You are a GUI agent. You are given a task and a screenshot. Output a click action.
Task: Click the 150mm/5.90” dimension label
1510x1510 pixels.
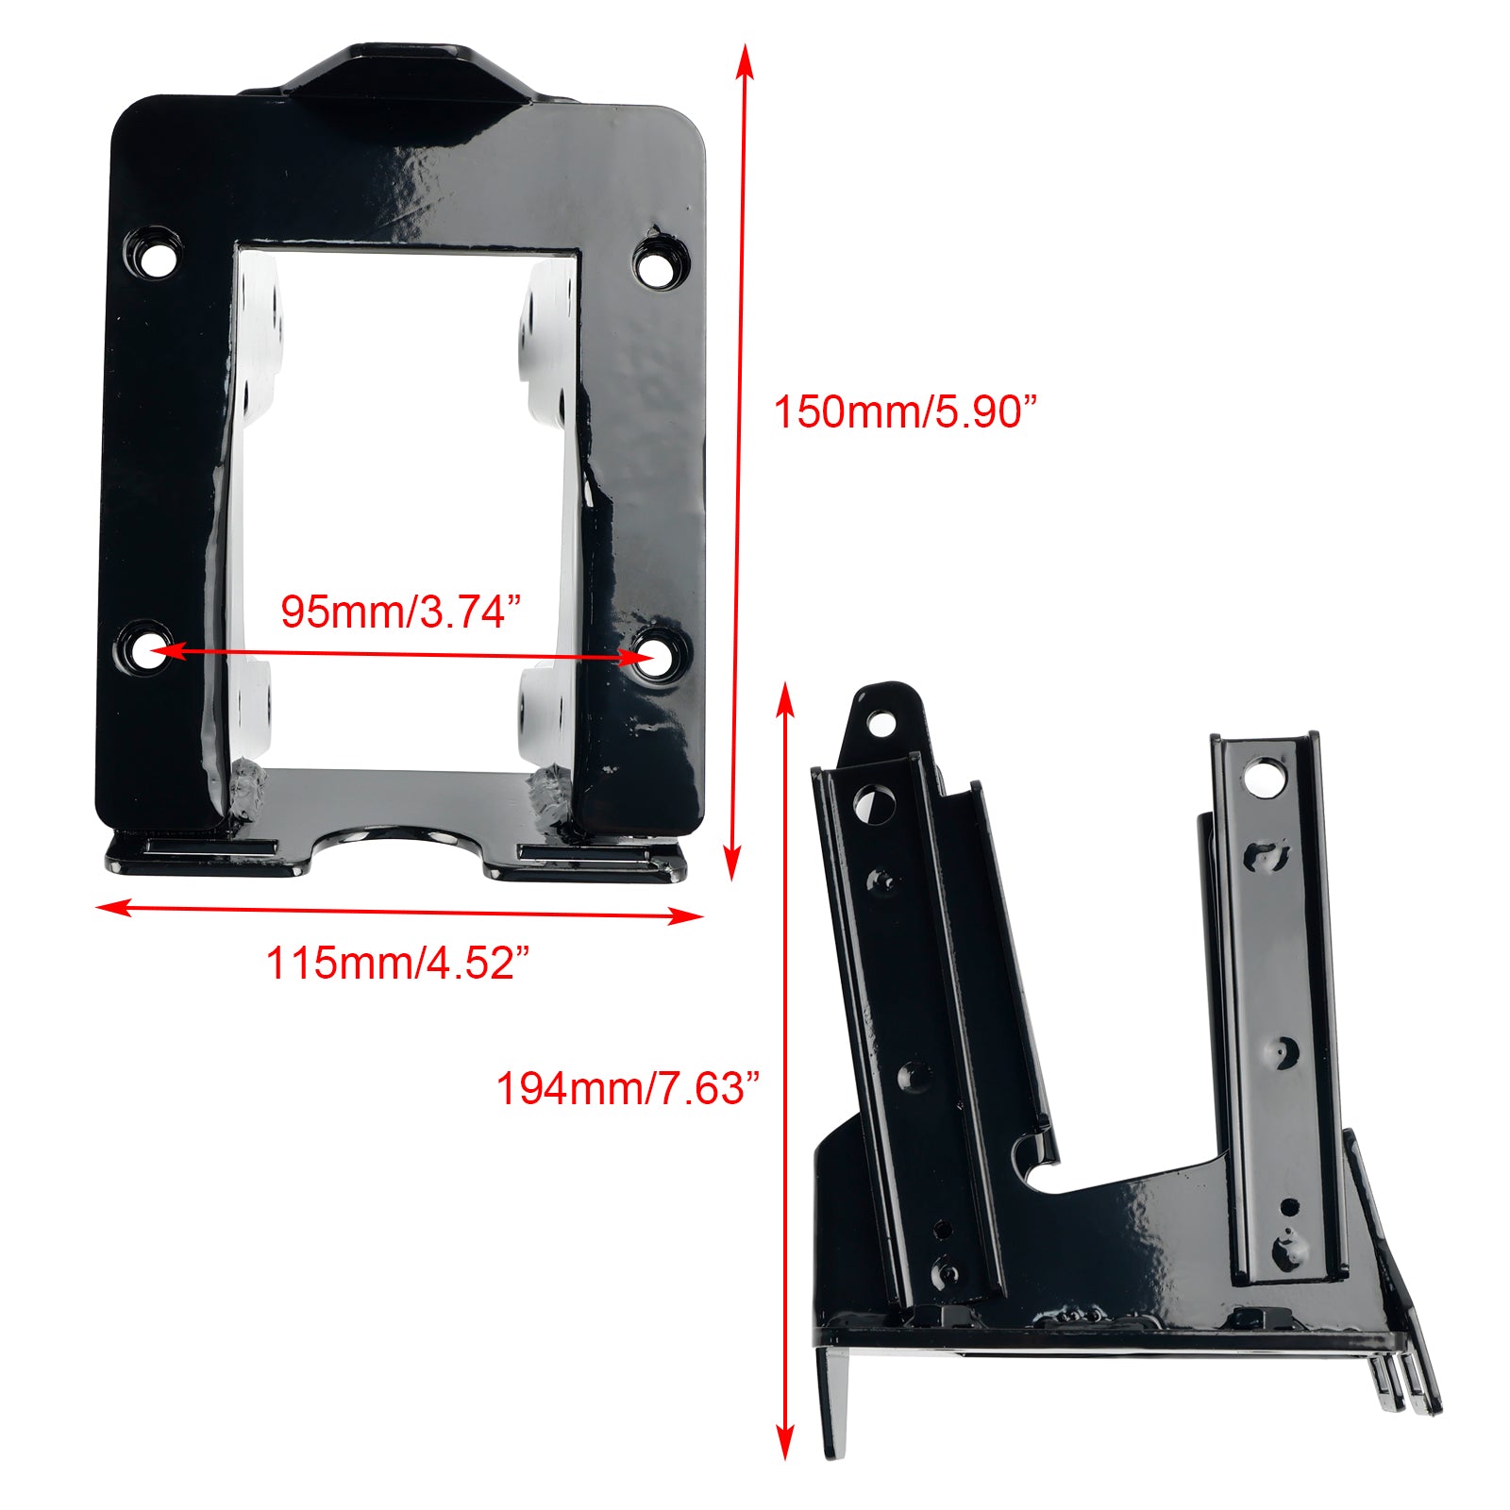(x=904, y=412)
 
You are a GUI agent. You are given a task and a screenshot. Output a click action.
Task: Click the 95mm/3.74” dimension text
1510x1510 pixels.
(x=400, y=612)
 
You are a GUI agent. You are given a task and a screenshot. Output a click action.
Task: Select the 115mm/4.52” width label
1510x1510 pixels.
(x=396, y=963)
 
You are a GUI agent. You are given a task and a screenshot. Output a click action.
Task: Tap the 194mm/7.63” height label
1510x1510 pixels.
(x=627, y=1088)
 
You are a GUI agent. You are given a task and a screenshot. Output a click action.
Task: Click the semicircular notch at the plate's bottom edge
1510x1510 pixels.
(x=397, y=840)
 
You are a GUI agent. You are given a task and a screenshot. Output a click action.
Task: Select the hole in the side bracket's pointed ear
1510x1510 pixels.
(x=880, y=725)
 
